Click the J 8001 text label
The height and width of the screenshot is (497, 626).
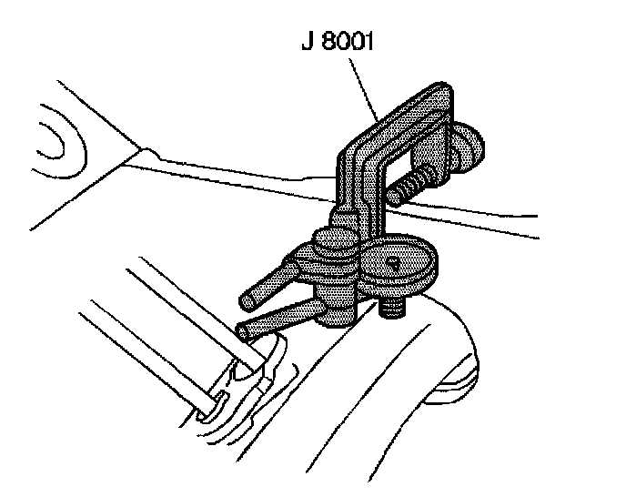coord(337,44)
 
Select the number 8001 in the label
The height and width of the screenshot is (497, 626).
coord(346,44)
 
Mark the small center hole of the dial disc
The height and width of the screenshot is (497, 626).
coord(392,261)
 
